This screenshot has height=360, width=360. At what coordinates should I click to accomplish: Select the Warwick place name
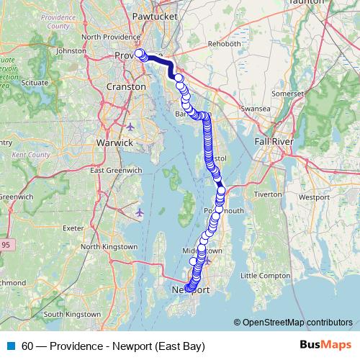click(114, 143)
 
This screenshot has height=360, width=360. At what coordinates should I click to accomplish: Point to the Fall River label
click(271, 142)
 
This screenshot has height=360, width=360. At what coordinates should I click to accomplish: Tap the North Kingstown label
click(109, 246)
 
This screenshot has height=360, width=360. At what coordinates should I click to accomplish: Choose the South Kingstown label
click(73, 314)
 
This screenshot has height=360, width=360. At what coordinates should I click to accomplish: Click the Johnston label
click(71, 51)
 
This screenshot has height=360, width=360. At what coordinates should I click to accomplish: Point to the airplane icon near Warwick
click(130, 127)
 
